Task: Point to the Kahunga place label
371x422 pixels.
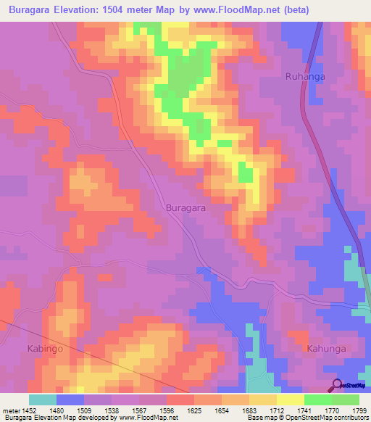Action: coord(326,349)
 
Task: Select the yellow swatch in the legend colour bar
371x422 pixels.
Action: coord(290,400)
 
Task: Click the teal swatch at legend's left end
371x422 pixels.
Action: coord(43,400)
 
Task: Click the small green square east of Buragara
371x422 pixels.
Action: coord(246,175)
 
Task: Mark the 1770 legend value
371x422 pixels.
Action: coord(318,410)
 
